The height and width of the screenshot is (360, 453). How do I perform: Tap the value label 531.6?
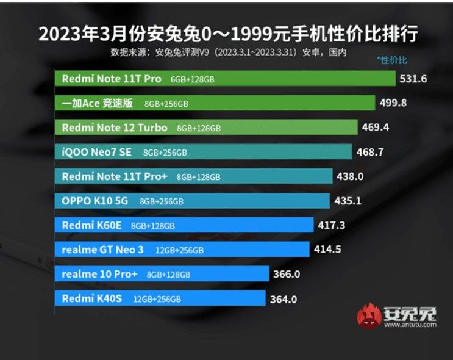tap(413, 79)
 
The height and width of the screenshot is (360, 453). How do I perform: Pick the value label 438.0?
tap(351, 176)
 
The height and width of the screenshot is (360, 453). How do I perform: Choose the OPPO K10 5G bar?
tap(195, 201)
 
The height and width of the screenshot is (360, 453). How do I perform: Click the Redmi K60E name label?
tap(92, 225)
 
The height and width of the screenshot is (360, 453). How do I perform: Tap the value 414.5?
tap(327, 249)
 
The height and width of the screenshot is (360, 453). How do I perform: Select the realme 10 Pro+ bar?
tap(165, 274)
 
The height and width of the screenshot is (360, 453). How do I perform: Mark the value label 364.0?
tap(284, 298)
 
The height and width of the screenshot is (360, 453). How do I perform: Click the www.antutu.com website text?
tap(410, 325)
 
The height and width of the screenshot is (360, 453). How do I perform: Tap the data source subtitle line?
tap(229, 52)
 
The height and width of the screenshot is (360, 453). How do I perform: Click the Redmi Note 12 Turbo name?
tap(115, 128)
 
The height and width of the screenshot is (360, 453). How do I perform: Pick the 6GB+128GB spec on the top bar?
tap(192, 79)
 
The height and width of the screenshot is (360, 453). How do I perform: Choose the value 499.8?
tap(393, 103)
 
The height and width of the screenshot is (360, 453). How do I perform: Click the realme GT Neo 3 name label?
tap(102, 250)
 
